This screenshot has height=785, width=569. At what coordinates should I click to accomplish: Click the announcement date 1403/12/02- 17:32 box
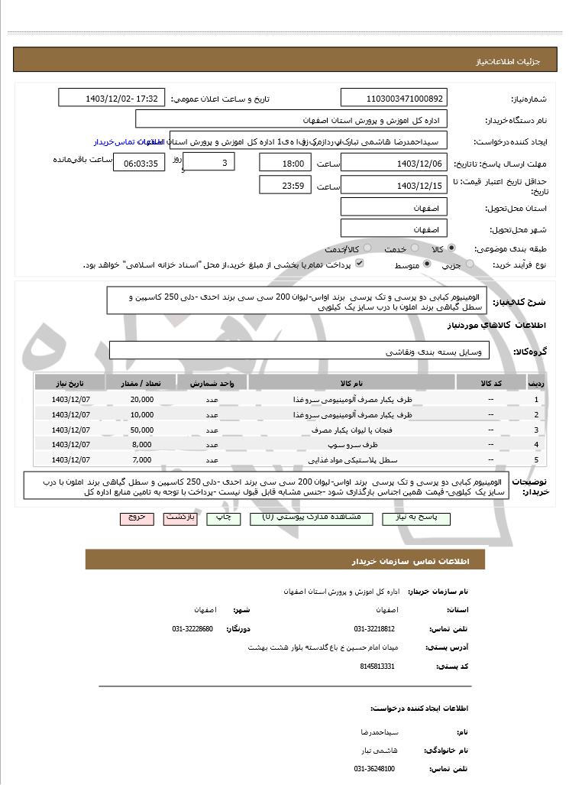[112, 99]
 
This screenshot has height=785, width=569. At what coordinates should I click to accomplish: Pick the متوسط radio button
[427, 264]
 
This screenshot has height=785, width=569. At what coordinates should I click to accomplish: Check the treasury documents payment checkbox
[360, 264]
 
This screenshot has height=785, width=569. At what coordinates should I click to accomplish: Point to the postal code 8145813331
[377, 667]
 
